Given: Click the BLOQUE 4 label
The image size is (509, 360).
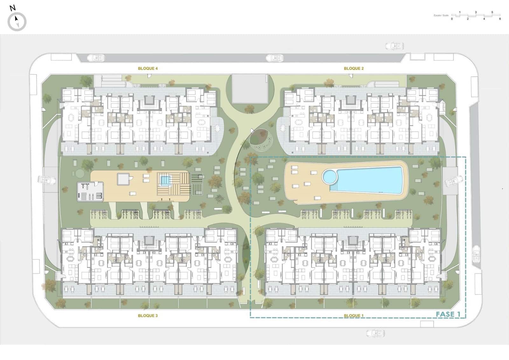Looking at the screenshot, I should [148, 68].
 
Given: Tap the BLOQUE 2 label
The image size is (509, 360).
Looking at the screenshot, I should [353, 68].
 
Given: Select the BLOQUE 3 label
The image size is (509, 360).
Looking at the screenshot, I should [148, 316].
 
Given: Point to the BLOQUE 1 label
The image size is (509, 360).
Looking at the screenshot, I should [353, 316].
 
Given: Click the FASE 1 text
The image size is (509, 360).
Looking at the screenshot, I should [448, 314].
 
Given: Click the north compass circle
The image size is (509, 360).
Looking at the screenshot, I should [17, 22].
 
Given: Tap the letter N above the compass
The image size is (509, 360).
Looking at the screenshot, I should [12, 8].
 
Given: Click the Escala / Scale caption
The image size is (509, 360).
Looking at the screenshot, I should [441, 15].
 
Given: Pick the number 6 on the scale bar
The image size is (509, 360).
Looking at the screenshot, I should [500, 19].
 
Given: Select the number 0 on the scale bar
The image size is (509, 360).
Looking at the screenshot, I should [452, 19].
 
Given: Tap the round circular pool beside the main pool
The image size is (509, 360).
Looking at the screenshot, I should [330, 176].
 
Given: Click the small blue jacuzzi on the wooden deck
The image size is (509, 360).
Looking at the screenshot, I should [165, 180].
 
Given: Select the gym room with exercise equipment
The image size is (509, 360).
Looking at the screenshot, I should [90, 191].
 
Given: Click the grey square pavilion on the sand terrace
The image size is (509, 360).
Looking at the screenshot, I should [123, 179].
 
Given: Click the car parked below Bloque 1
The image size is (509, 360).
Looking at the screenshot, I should [375, 333].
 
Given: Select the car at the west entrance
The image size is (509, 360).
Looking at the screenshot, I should [46, 180].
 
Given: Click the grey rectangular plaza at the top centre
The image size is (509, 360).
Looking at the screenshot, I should [250, 88].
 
